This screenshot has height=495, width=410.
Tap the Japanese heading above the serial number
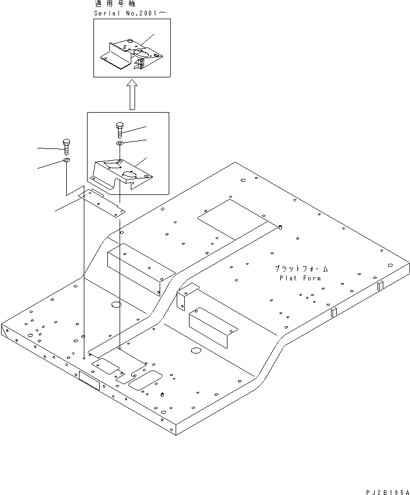point(115,4)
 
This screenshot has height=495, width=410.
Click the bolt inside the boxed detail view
point(119,130)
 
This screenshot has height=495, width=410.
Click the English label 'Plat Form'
point(301,278)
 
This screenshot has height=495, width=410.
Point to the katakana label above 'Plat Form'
point(302,269)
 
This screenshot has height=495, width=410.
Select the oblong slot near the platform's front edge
point(144,379)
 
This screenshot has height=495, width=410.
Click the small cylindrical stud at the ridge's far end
point(281,227)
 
